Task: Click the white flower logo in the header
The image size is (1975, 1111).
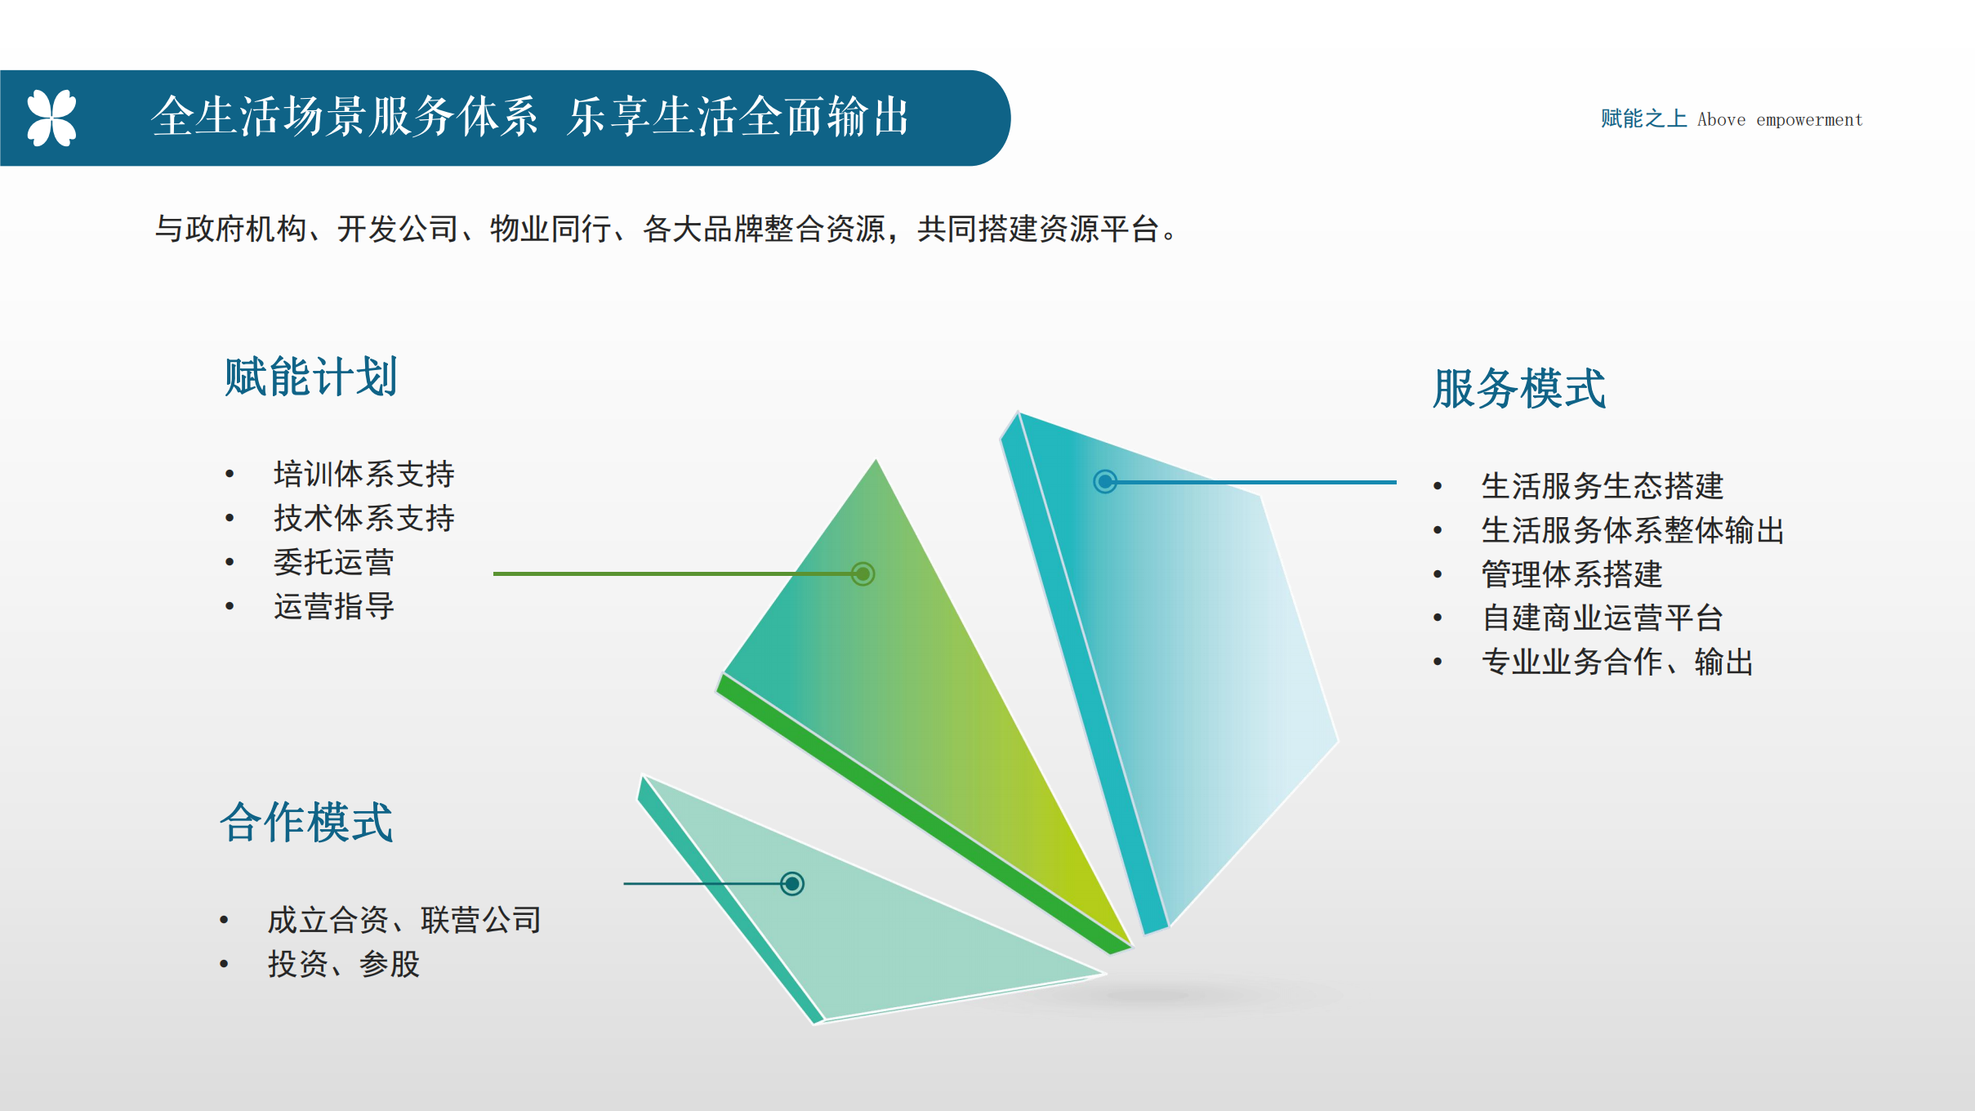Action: pos(51,118)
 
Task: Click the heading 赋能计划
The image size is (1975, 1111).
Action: pos(311,377)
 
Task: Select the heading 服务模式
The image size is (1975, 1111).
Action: pos(1519,388)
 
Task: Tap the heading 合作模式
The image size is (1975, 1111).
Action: pos(306,822)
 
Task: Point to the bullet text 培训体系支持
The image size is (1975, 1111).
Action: pos(364,474)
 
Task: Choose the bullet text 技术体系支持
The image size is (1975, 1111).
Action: pos(364,518)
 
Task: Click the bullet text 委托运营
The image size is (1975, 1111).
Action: pos(334,562)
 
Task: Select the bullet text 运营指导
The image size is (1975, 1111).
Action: pos(334,606)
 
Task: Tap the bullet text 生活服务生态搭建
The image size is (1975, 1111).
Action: pos(1603,486)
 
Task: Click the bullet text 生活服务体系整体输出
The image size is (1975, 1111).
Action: pos(1633,530)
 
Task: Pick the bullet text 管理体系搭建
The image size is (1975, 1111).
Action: pos(1572,574)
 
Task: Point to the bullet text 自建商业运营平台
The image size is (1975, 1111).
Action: pos(1603,618)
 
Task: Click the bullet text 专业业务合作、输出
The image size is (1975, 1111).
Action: pos(1617,662)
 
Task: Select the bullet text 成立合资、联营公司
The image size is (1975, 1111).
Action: pos(404,920)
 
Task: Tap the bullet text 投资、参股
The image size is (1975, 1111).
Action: pos(344,964)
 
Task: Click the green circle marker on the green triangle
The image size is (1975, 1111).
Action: pos(863,573)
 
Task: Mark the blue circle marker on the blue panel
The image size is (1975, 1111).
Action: pos(1105,481)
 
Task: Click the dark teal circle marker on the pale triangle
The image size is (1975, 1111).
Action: pos(792,883)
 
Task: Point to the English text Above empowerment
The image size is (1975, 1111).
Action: pos(1780,120)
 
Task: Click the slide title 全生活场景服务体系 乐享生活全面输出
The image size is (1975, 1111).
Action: pos(530,116)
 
